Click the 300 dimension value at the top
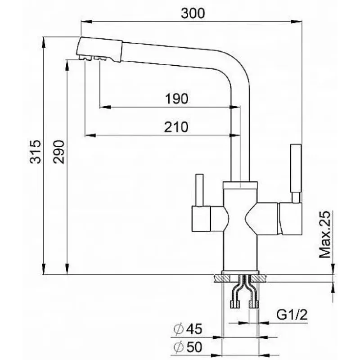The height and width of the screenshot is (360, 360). pyautogui.click(x=193, y=13)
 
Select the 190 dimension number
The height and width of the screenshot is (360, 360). pyautogui.click(x=176, y=99)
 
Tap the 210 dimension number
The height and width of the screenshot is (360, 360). pyautogui.click(x=176, y=127)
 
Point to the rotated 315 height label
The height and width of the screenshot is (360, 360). pyautogui.click(x=36, y=151)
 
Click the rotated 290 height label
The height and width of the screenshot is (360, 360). pyautogui.click(x=59, y=152)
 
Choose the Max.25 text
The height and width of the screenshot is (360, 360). pyautogui.click(x=325, y=234)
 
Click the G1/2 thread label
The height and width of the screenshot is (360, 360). pyautogui.click(x=292, y=315)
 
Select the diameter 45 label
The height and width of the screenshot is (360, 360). pyautogui.click(x=188, y=329)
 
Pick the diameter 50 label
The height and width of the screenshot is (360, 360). pyautogui.click(x=188, y=347)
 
